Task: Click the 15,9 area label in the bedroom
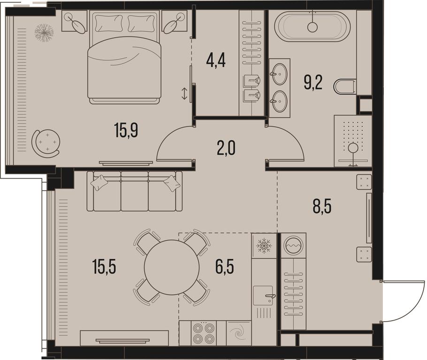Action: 126,130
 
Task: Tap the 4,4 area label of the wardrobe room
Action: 216,61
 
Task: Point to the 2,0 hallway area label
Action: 226,149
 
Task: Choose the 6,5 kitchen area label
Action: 225,267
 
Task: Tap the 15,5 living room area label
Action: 104,267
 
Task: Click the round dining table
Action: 172,267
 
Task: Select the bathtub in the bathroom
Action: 312,26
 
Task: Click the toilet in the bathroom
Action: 345,87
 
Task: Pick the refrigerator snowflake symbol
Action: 264,246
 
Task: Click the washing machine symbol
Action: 293,245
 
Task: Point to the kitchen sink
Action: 263,295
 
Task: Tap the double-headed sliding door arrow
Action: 184,93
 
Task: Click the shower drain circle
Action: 353,148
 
